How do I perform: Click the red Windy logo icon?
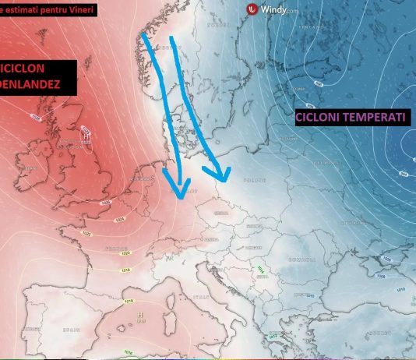pos(252,10)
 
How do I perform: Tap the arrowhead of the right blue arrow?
pos(221,176)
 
